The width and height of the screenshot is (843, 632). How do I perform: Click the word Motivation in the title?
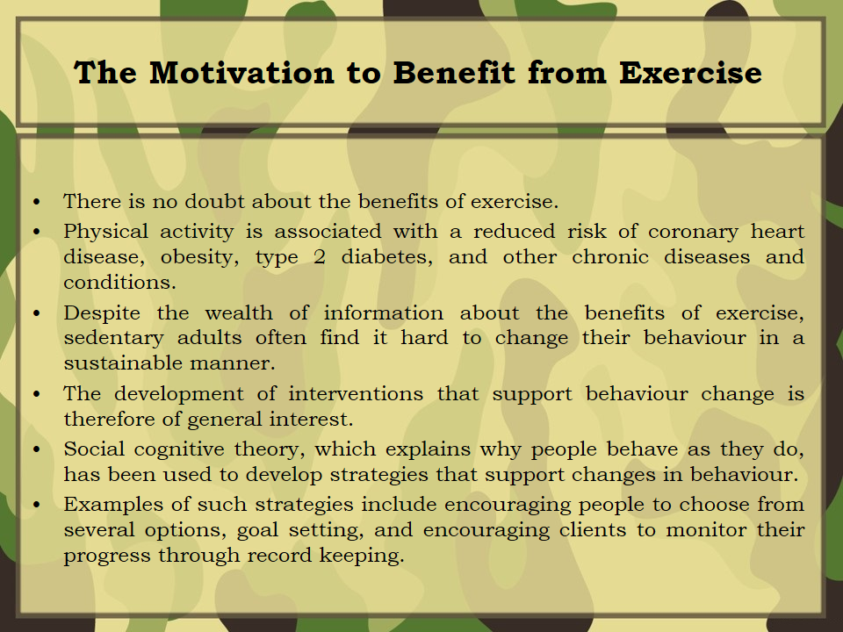(x=241, y=73)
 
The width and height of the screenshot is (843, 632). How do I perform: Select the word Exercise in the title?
(x=690, y=73)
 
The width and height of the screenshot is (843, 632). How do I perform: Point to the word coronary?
(x=693, y=232)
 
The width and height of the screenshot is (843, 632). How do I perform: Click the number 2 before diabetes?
(x=319, y=257)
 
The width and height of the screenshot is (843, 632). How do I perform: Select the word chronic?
(x=610, y=257)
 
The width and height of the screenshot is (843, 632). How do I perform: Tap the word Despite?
(x=102, y=313)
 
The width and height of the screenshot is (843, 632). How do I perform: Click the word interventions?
(x=356, y=393)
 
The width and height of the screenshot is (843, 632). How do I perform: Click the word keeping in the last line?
(x=361, y=556)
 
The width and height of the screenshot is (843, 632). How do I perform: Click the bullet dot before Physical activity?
(x=37, y=232)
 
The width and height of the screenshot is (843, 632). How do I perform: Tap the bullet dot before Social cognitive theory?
(x=37, y=449)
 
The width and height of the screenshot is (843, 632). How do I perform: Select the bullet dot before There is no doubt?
(x=37, y=202)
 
